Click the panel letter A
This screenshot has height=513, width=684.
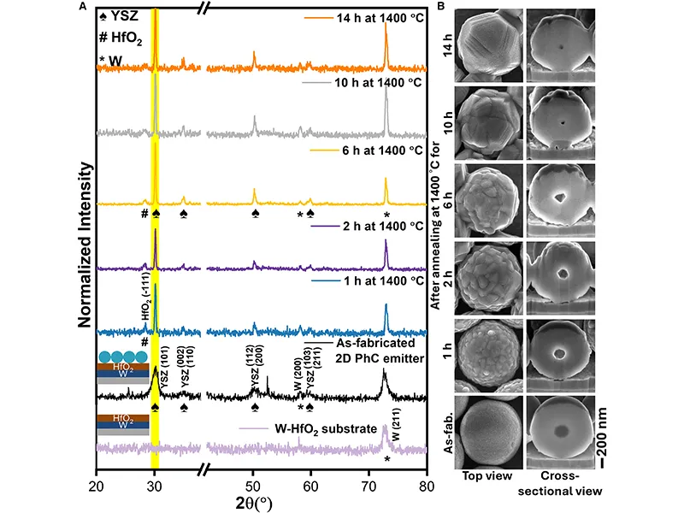point(81,7)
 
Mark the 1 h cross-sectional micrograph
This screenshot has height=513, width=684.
point(560,356)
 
